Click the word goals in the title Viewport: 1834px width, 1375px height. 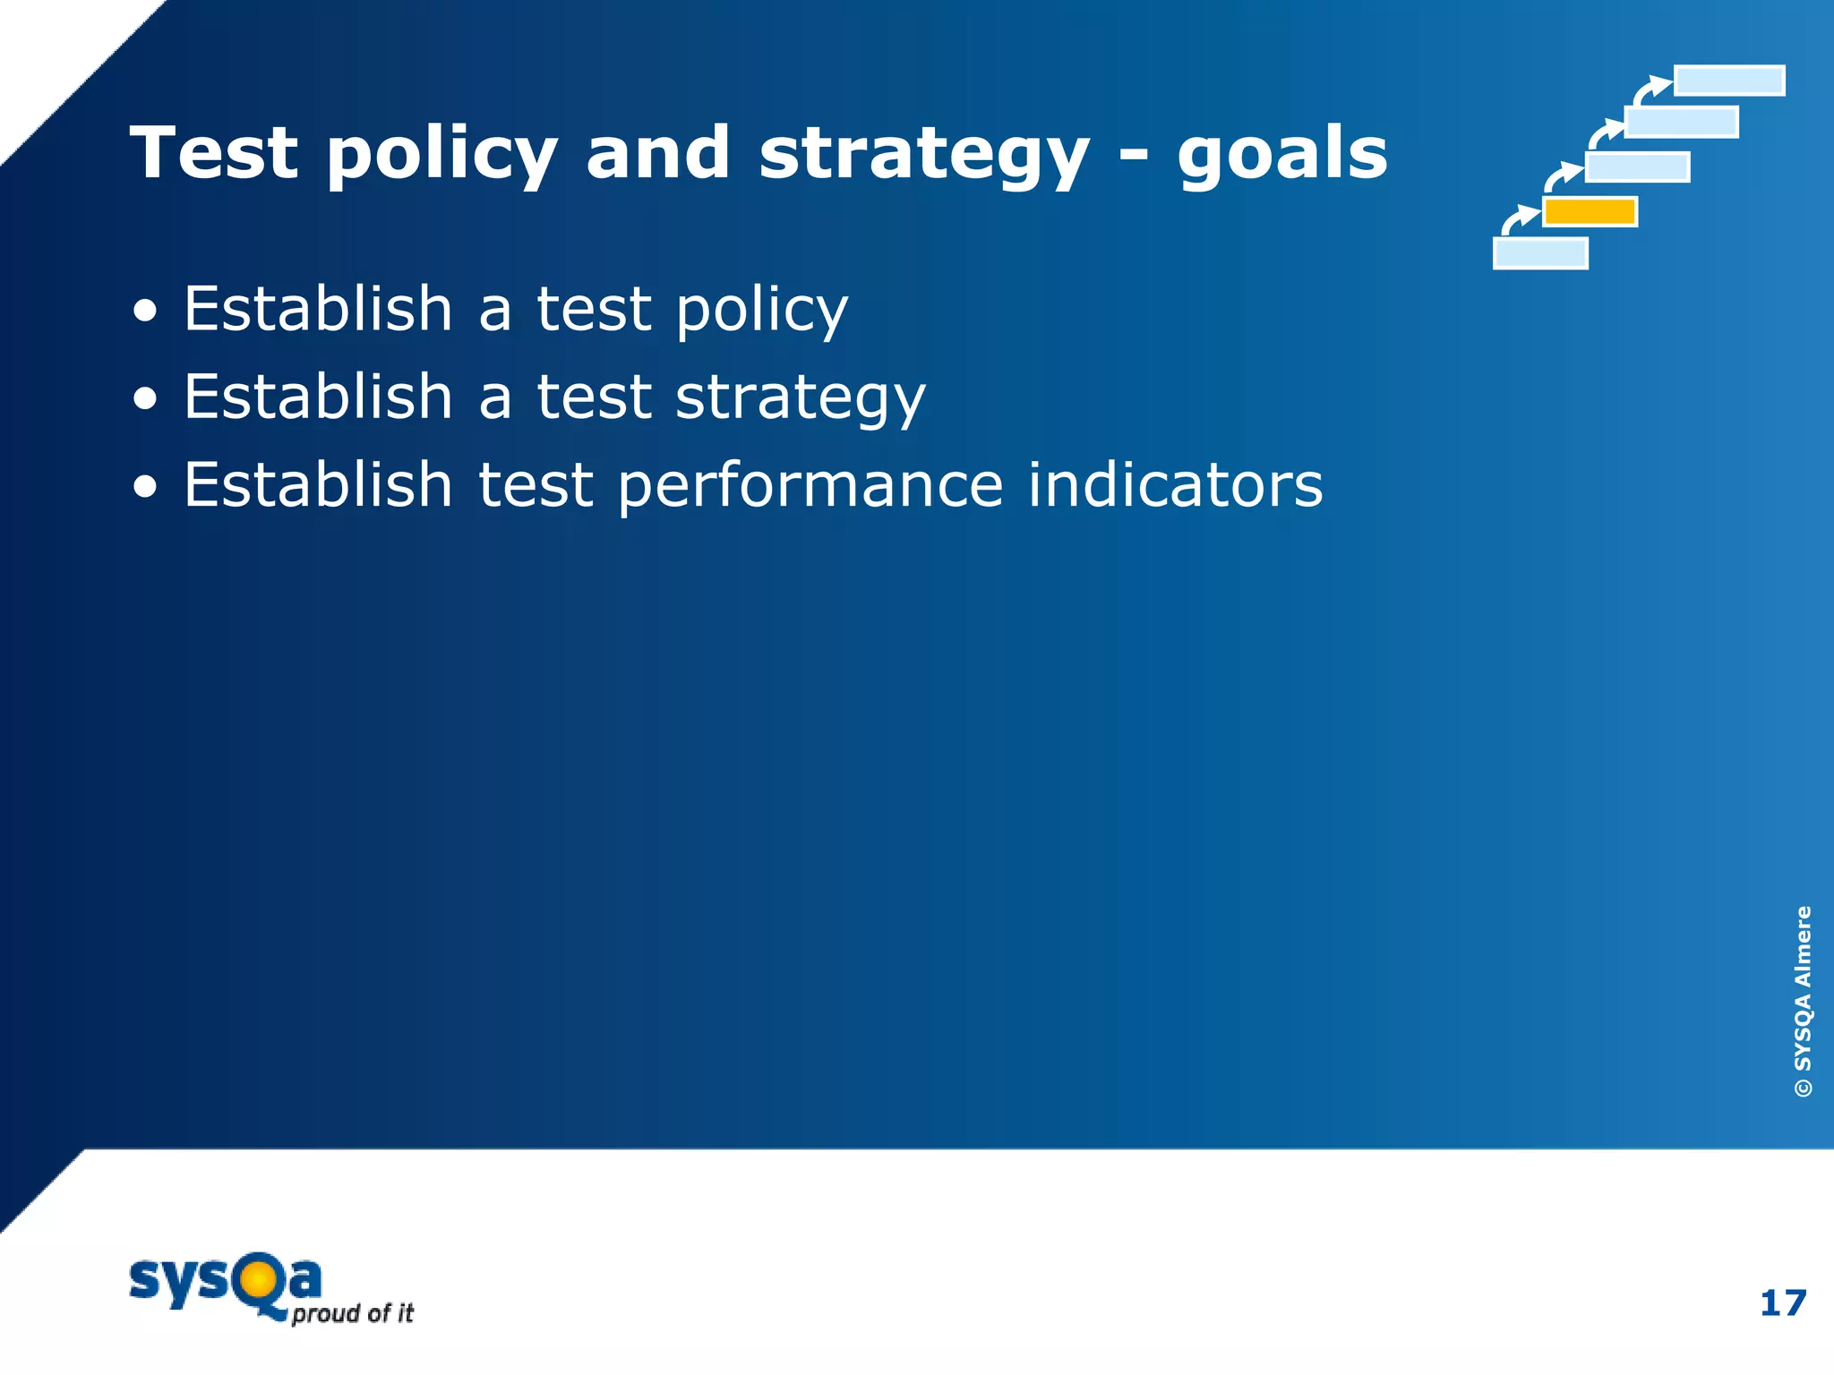tap(1281, 154)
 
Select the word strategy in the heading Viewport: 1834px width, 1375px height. tap(923, 154)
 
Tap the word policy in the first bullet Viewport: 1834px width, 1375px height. tap(761, 310)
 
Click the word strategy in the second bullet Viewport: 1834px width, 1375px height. tap(800, 397)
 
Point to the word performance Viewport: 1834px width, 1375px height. tap(810, 486)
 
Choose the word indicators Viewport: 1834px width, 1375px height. tap(1174, 484)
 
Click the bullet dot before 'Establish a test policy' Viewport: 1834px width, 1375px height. tap(145, 312)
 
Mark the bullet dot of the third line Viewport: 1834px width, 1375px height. tap(145, 488)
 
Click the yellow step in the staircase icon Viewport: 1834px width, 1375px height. tap(1590, 212)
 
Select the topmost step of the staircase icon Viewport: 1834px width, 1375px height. tap(1728, 81)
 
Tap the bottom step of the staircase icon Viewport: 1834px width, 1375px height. tap(1540, 253)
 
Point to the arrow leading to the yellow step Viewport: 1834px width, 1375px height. tap(1517, 219)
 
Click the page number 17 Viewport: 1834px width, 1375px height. tap(1782, 1303)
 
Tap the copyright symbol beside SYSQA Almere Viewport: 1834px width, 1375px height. tap(1803, 1088)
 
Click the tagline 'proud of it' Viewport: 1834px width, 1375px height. tap(352, 1314)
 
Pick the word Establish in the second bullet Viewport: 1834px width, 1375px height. tap(318, 397)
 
